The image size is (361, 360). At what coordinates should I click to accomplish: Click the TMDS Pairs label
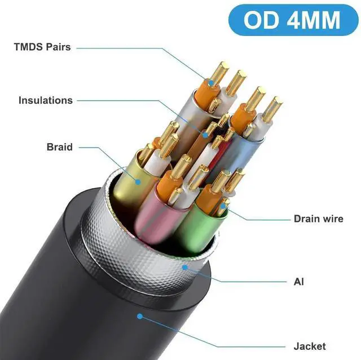(x=42, y=47)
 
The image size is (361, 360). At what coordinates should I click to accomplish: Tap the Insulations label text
(x=46, y=100)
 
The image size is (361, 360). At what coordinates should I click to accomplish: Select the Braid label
(x=60, y=147)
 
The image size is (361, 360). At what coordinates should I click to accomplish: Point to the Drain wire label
(x=318, y=219)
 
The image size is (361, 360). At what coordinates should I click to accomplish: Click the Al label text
(x=299, y=281)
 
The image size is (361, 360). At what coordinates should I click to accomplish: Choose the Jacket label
(x=310, y=346)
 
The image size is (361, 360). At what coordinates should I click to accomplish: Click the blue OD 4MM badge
(x=293, y=20)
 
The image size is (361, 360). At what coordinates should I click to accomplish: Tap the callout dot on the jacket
(x=139, y=317)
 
